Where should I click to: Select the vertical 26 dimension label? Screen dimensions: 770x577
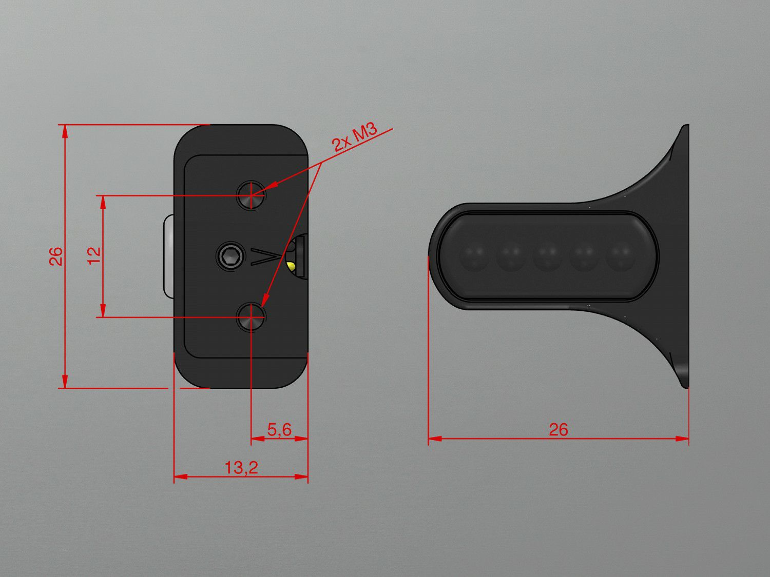56,256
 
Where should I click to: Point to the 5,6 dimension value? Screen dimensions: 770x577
280,430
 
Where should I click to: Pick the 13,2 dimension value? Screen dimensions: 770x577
241,467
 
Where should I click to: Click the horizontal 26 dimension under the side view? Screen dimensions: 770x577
558,429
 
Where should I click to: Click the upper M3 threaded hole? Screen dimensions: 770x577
251,195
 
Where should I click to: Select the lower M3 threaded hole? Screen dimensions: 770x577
251,316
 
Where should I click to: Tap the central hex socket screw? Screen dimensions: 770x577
230,256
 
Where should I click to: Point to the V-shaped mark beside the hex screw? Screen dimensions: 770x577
265,256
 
